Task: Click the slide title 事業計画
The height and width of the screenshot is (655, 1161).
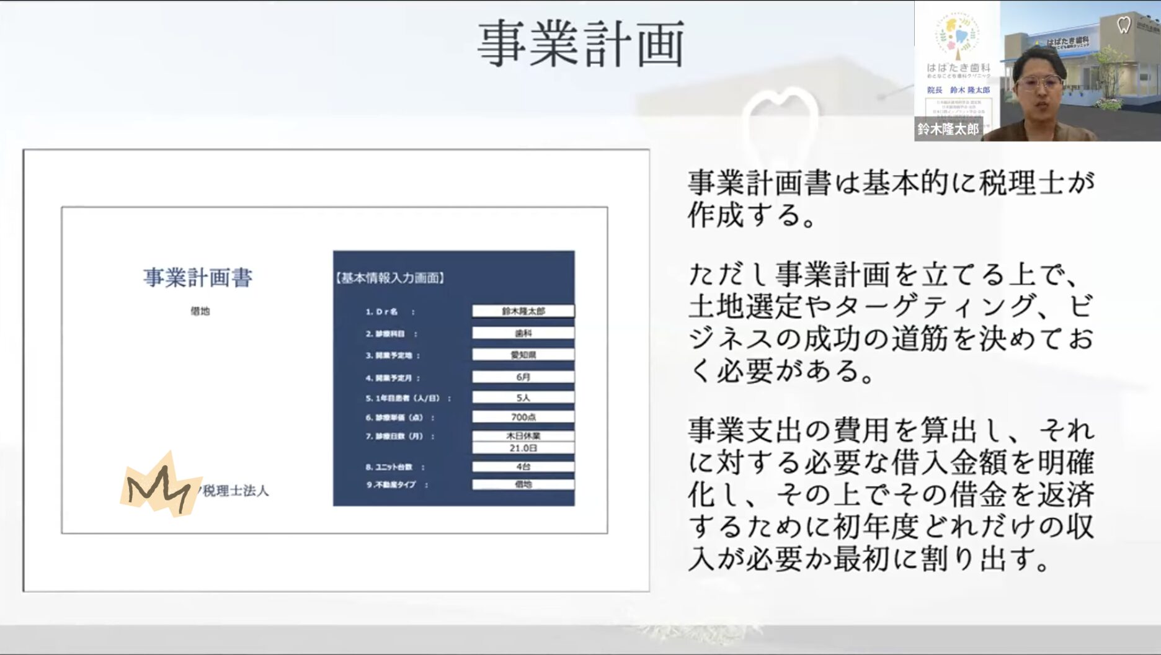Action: coord(580,43)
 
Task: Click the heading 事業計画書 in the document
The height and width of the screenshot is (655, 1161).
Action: coord(198,277)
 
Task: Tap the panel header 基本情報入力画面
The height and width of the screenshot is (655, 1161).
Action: coord(390,278)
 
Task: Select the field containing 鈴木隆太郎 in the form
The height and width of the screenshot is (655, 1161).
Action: coord(523,311)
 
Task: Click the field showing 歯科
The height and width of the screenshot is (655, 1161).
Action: coord(523,333)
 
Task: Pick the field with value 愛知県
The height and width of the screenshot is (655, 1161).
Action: coord(523,355)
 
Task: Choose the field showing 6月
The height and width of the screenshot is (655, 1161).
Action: coord(523,377)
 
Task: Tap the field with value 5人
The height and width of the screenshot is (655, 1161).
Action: coord(523,397)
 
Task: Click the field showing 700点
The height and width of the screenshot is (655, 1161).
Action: coord(523,417)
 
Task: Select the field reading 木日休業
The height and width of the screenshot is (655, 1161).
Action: coord(523,435)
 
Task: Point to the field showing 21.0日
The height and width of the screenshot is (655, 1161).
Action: coord(523,448)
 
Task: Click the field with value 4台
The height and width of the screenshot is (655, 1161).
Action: coord(523,466)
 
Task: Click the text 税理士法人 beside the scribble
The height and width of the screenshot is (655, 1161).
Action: coord(236,491)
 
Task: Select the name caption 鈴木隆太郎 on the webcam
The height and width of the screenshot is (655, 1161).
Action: coord(948,129)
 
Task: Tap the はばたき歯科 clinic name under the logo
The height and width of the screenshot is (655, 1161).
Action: coord(958,67)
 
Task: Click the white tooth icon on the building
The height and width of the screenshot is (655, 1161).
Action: coord(1123,25)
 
